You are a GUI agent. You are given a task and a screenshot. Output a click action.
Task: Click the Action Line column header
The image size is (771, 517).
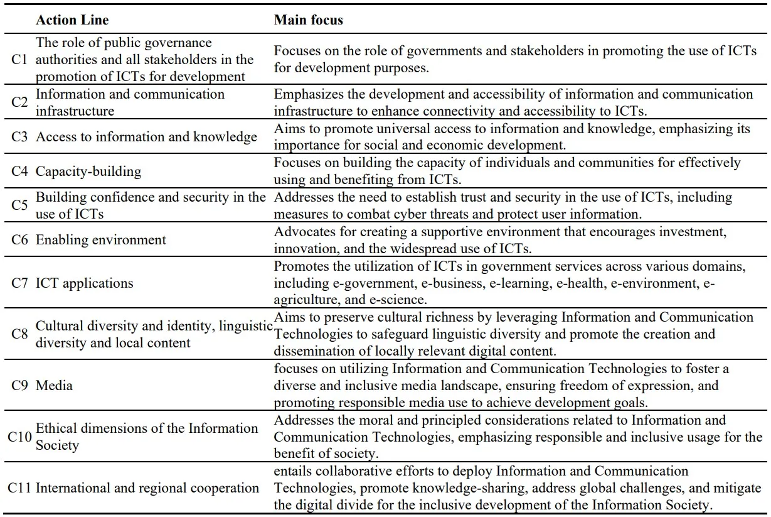[x=72, y=20]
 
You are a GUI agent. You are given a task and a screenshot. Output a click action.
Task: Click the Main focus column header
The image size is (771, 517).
[x=308, y=20]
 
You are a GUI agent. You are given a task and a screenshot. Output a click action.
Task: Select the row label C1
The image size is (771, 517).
[x=19, y=60]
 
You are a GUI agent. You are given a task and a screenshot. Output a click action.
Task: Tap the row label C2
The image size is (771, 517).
[x=19, y=102]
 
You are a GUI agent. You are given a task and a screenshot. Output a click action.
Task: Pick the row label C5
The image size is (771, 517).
[x=19, y=205]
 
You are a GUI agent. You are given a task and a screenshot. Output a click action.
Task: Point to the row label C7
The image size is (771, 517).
[x=19, y=283]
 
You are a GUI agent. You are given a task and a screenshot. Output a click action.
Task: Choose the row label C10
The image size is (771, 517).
[x=19, y=437]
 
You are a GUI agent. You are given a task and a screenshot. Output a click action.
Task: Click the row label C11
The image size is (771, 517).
[x=19, y=487]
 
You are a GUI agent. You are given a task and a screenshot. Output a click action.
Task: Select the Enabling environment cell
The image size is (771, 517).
[x=101, y=240]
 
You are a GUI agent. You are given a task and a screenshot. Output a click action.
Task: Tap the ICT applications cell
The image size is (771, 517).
[x=85, y=283]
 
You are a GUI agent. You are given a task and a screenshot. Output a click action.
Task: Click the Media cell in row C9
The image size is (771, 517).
[x=54, y=385]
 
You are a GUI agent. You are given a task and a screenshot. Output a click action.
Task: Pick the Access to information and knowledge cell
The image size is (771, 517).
[x=146, y=138]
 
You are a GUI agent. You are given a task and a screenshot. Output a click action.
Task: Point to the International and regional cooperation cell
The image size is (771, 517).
[x=147, y=487]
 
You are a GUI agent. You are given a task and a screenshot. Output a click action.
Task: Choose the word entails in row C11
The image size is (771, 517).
[x=290, y=471]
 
